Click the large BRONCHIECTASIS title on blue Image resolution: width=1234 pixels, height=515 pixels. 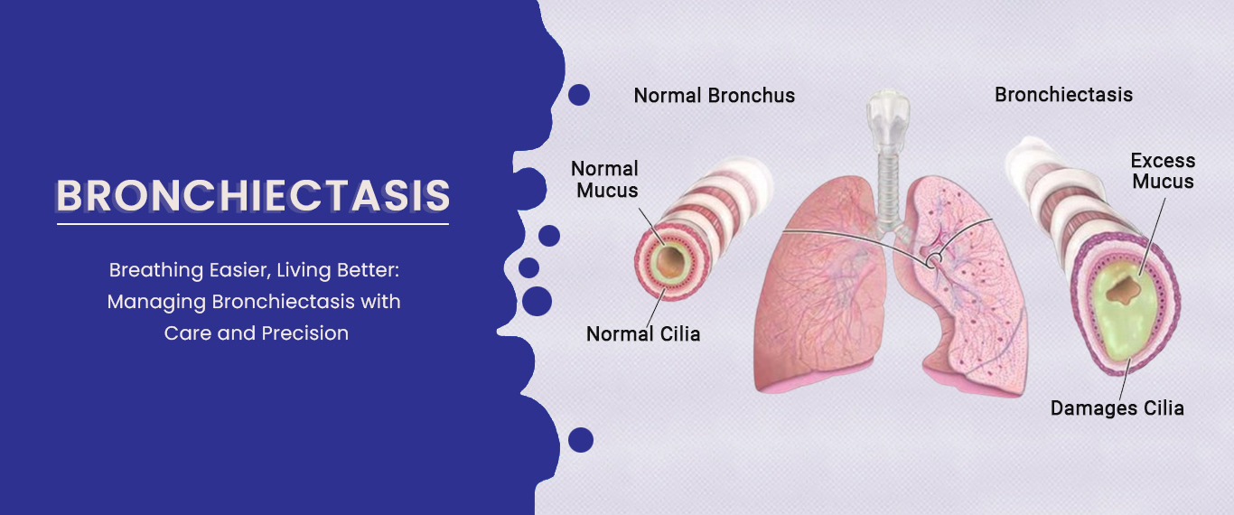(253, 195)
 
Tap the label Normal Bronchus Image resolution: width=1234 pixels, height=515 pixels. (715, 95)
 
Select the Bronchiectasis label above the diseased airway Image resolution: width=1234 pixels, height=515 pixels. (1064, 95)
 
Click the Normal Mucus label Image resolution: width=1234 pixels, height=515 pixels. (605, 180)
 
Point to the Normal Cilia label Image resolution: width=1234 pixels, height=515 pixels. (643, 333)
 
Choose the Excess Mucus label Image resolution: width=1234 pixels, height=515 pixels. (1163, 171)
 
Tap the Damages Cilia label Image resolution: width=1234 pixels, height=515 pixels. (1117, 408)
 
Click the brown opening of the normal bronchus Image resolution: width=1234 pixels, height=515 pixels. (669, 262)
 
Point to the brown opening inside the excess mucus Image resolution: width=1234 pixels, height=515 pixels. (1123, 290)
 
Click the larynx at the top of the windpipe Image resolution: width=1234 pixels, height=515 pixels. (887, 118)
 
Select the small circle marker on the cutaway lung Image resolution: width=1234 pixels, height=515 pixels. (934, 259)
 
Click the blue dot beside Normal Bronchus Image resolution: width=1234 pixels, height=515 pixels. (579, 95)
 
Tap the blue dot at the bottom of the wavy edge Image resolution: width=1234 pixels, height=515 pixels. (581, 440)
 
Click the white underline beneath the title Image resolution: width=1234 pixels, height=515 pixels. (253, 224)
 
